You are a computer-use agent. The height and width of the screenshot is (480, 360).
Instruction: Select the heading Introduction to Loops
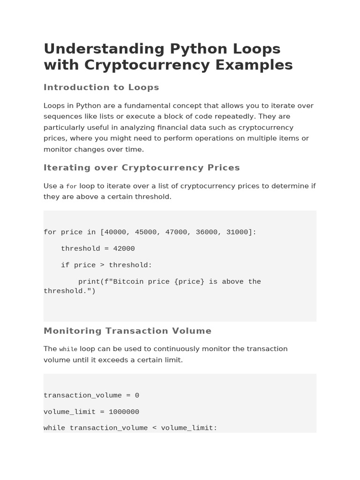click(x=101, y=87)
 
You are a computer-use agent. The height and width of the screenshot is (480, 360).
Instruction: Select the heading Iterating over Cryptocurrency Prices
click(x=142, y=168)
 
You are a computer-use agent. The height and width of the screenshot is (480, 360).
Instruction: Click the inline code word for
click(x=71, y=187)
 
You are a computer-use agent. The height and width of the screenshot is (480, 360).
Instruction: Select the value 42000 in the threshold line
click(x=124, y=248)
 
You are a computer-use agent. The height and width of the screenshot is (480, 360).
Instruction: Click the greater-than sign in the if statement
click(x=102, y=265)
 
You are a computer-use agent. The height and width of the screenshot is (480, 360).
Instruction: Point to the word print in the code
click(x=89, y=281)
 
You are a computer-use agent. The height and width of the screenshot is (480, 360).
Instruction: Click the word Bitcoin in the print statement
click(x=126, y=281)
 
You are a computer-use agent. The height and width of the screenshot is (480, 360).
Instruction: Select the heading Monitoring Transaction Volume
click(x=127, y=331)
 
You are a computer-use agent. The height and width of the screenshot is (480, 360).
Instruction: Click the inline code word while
click(x=68, y=349)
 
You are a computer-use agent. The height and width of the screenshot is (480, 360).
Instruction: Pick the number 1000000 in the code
click(x=124, y=412)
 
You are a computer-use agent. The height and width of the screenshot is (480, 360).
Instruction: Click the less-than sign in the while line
click(x=154, y=428)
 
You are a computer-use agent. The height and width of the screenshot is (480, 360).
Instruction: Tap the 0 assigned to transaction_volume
click(x=137, y=395)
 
